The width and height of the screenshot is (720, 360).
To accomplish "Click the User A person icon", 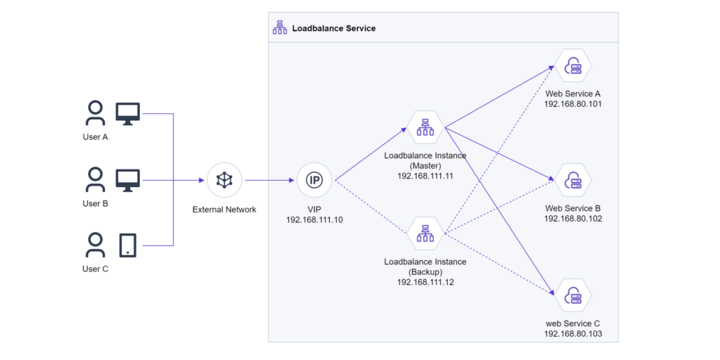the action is click(x=95, y=113).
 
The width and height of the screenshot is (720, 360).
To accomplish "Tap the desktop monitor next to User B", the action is click(x=128, y=180).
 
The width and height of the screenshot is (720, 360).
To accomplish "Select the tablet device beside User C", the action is click(x=128, y=245).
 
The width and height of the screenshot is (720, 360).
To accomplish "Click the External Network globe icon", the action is click(x=224, y=181).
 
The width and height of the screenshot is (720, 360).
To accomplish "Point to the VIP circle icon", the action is click(x=314, y=181).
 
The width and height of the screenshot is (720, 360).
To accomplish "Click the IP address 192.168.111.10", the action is click(x=314, y=220).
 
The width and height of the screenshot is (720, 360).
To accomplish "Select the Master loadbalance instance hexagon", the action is click(x=425, y=129).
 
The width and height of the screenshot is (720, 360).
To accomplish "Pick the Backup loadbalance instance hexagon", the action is click(x=425, y=235).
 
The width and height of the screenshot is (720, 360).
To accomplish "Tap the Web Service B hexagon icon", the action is click(x=572, y=180).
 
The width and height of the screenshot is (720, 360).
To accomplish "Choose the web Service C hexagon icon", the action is click(x=572, y=295).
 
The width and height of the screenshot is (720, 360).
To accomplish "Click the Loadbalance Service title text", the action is click(x=334, y=28).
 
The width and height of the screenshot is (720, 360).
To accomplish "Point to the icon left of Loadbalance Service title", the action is click(x=279, y=28).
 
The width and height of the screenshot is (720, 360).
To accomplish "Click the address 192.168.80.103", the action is click(x=572, y=334).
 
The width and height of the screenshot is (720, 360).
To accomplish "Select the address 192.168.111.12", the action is click(x=425, y=282).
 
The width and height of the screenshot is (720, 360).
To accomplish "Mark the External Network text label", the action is click(x=224, y=210).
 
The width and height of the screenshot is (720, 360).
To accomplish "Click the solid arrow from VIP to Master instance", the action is click(x=371, y=154).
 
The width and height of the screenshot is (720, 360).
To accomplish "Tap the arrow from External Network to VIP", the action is click(x=269, y=181).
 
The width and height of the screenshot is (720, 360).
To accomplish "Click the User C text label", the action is click(x=95, y=269).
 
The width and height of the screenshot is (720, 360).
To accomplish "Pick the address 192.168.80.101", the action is click(x=572, y=104).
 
